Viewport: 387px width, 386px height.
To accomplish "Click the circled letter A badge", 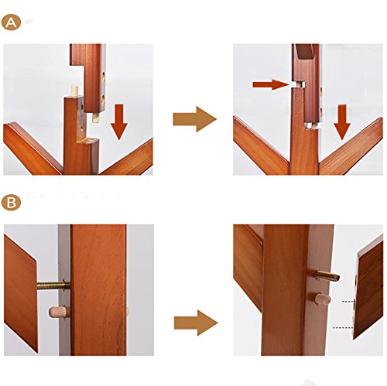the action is tap(11, 22).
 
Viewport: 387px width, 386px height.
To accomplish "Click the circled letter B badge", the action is tap(11, 203).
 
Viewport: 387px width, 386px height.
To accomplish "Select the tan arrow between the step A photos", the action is tap(194, 119).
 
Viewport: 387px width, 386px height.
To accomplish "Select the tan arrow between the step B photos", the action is tap(196, 323).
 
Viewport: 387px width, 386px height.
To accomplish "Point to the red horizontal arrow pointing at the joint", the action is tap(271, 84).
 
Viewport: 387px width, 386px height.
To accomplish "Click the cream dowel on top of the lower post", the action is tap(74, 91).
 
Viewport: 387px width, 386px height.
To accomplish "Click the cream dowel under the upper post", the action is tap(96, 118).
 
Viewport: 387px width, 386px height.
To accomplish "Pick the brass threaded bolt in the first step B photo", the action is tap(53, 285).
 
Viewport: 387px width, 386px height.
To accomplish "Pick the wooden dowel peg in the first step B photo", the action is tap(59, 312).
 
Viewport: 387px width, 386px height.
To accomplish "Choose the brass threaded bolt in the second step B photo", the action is tap(327, 276).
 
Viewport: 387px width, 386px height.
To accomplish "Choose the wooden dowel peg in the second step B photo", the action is tap(323, 299).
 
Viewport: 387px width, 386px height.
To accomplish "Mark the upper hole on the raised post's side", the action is tap(103, 77).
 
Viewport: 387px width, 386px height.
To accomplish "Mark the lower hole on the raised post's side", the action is tap(103, 100).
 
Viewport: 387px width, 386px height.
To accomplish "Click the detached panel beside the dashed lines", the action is tap(368, 287).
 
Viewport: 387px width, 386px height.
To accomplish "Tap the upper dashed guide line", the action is tap(348, 301).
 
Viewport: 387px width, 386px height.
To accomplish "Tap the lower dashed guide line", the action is tap(343, 328).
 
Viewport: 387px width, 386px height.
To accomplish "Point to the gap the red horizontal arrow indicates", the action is tap(299, 85).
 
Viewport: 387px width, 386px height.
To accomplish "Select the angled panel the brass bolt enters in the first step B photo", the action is tap(21, 294).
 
